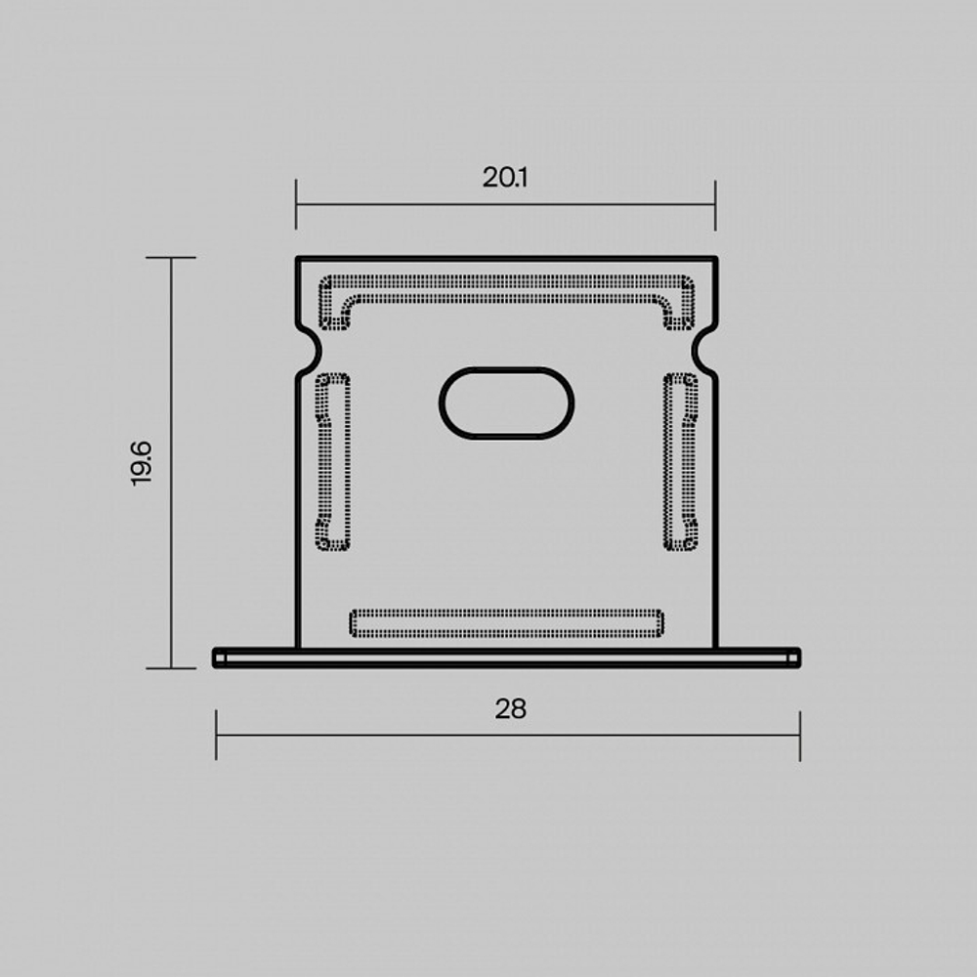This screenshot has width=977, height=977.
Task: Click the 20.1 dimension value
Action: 505,178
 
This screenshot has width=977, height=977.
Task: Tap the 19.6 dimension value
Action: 142,463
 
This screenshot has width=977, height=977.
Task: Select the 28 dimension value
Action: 510,709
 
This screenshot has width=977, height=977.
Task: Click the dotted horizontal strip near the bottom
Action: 506,623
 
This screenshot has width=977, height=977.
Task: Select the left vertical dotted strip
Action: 333,462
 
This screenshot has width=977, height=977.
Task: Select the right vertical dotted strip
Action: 680,462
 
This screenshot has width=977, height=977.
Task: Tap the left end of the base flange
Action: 218,658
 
